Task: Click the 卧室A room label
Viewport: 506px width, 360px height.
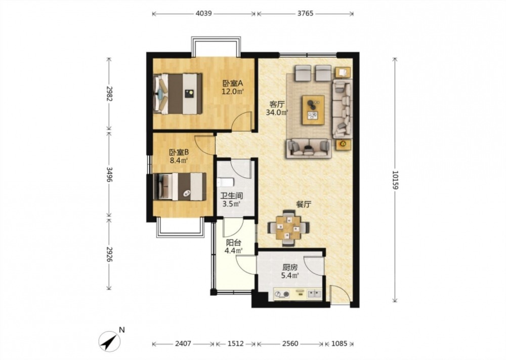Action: click(x=232, y=84)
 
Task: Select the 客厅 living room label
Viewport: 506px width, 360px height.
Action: click(x=277, y=104)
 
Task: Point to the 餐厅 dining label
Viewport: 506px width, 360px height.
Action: click(x=304, y=205)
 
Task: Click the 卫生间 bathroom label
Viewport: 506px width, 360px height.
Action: click(x=231, y=196)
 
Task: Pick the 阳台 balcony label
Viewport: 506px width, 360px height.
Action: click(x=233, y=243)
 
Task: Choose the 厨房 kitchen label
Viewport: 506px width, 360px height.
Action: click(x=290, y=267)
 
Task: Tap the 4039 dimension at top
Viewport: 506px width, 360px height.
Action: click(x=203, y=14)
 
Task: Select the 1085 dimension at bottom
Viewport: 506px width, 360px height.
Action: click(x=339, y=343)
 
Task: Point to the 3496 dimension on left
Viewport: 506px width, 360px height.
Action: click(x=109, y=174)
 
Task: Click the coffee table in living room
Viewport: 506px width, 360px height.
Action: click(x=313, y=110)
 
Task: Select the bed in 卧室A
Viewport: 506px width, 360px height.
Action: click(x=178, y=94)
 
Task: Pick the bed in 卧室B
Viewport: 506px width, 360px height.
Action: click(x=180, y=187)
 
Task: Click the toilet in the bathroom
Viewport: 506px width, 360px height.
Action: click(x=226, y=182)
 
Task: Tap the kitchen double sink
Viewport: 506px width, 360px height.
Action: click(x=314, y=294)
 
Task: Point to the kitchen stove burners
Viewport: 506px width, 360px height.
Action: click(x=282, y=294)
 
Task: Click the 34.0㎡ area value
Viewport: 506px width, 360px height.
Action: click(x=277, y=112)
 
